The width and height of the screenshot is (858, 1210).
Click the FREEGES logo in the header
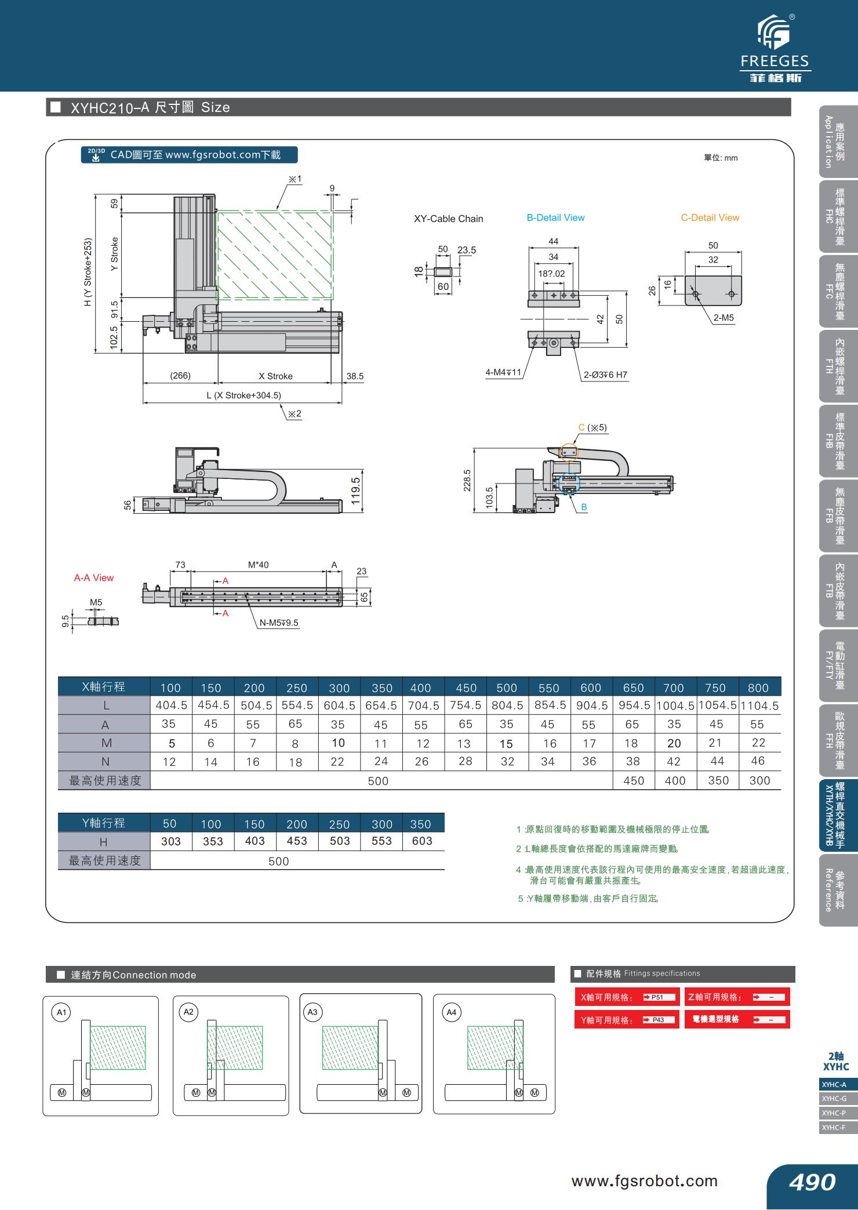pyautogui.click(x=775, y=49)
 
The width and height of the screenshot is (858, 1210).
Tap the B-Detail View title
pyautogui.click(x=555, y=218)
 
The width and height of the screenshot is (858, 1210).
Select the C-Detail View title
pyautogui.click(x=710, y=218)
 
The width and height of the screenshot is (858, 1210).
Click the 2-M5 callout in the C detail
pyautogui.click(x=724, y=318)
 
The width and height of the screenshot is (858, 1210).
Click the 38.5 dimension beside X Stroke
pyautogui.click(x=355, y=376)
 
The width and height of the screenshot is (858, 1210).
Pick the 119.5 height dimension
pyautogui.click(x=356, y=490)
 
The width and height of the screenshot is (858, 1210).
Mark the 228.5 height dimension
pyautogui.click(x=467, y=480)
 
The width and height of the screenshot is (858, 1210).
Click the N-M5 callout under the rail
pyautogui.click(x=279, y=623)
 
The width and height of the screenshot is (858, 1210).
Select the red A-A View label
pyautogui.click(x=94, y=578)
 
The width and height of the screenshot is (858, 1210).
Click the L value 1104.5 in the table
pyautogui.click(x=759, y=706)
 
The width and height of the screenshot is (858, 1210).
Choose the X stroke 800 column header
pyautogui.click(x=758, y=688)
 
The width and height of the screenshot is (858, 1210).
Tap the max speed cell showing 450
pyautogui.click(x=634, y=781)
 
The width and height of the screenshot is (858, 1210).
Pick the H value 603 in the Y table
pyautogui.click(x=422, y=841)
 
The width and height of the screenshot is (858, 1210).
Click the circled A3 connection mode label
pyautogui.click(x=312, y=1012)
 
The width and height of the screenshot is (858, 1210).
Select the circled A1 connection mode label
pyautogui.click(x=61, y=1013)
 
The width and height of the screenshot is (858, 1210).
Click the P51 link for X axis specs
pyautogui.click(x=660, y=997)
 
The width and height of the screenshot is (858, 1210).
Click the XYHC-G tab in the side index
pyautogui.click(x=835, y=1099)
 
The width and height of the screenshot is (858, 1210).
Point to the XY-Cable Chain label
pyautogui.click(x=448, y=219)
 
